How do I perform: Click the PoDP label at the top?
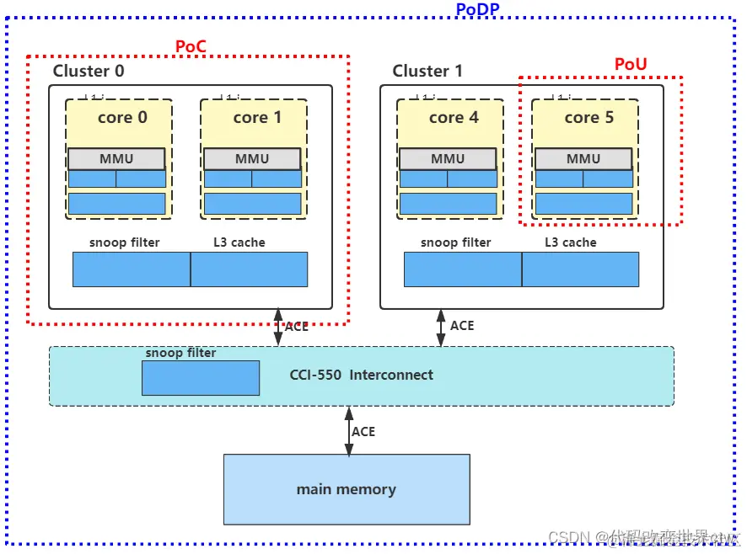(x=477, y=10)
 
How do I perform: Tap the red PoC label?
(x=191, y=47)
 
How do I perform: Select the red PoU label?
(x=631, y=65)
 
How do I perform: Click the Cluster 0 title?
(x=89, y=72)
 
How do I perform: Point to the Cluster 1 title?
(x=427, y=72)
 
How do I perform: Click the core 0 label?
(x=122, y=118)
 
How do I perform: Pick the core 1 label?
(x=257, y=118)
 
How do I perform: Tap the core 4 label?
(x=454, y=118)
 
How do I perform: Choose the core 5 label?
(x=588, y=118)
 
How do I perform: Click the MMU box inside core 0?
(x=116, y=158)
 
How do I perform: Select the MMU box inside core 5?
(x=583, y=158)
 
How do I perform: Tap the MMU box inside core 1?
(x=252, y=158)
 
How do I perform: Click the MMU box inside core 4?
(x=448, y=158)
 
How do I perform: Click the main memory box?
(x=346, y=489)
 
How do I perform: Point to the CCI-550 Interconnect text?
(x=361, y=376)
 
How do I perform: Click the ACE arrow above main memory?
(x=347, y=431)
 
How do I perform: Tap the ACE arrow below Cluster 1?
(x=440, y=327)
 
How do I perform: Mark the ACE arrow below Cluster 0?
(x=278, y=327)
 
